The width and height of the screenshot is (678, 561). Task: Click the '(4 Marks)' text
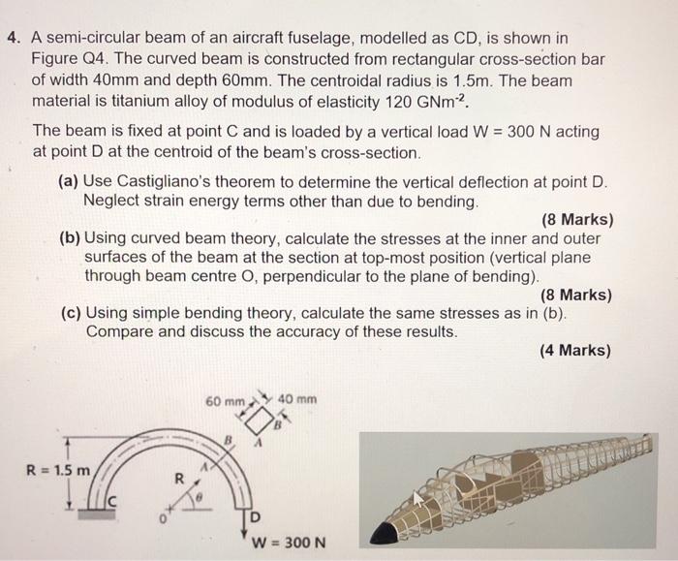[x=575, y=350]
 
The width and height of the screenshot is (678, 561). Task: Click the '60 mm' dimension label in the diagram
[x=226, y=401]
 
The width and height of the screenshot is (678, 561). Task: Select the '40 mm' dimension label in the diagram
[x=298, y=400]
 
